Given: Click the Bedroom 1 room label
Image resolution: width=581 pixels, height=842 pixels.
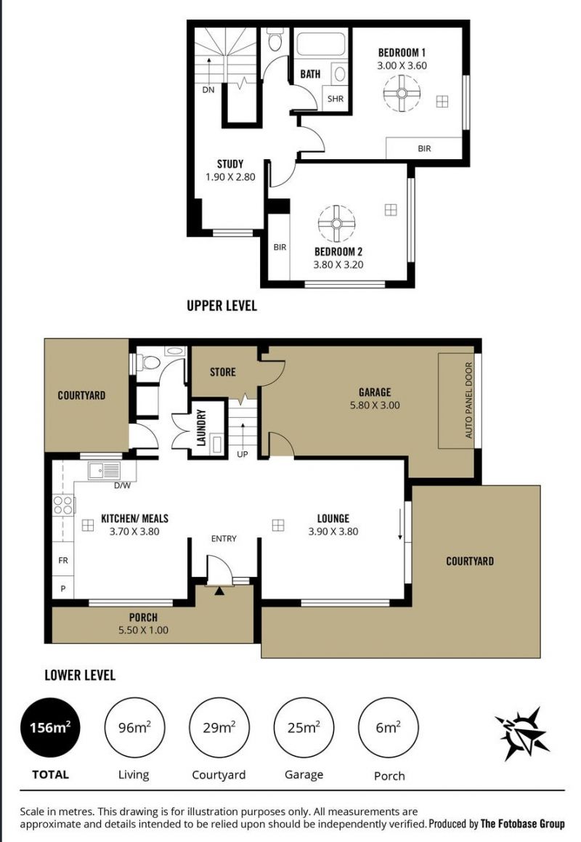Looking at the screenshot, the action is pyautogui.click(x=402, y=52).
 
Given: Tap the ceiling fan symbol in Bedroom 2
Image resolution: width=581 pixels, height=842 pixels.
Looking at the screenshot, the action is pyautogui.click(x=337, y=223).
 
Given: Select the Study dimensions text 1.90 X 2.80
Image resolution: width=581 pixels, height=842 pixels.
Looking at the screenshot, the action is pyautogui.click(x=230, y=177).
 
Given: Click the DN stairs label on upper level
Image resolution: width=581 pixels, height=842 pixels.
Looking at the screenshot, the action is pyautogui.click(x=208, y=89).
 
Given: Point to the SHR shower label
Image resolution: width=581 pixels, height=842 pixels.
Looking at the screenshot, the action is pyautogui.click(x=336, y=99).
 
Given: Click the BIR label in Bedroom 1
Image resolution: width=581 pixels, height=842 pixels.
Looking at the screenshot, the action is pyautogui.click(x=424, y=148).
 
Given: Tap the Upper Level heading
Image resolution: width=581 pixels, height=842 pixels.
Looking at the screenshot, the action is pyautogui.click(x=222, y=306).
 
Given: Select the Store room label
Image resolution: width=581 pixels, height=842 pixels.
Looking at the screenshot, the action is pyautogui.click(x=222, y=371).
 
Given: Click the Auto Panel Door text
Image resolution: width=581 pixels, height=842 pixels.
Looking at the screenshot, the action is pyautogui.click(x=468, y=400).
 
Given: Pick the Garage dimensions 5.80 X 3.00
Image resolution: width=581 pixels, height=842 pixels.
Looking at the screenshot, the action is pyautogui.click(x=375, y=405).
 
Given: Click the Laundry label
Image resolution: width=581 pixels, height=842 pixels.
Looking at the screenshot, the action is pyautogui.click(x=202, y=427).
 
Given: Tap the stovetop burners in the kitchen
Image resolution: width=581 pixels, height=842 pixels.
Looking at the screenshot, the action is pyautogui.click(x=63, y=506).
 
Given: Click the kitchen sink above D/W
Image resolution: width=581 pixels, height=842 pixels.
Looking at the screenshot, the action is pyautogui.click(x=104, y=471).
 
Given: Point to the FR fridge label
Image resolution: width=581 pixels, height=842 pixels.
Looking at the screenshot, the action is pyautogui.click(x=63, y=561).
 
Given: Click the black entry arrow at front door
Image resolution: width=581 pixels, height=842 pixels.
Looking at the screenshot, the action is pyautogui.click(x=219, y=591).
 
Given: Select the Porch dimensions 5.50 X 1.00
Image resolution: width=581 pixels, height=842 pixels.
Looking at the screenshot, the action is pyautogui.click(x=143, y=631).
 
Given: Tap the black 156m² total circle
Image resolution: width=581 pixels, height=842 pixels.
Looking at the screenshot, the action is pyautogui.click(x=51, y=728).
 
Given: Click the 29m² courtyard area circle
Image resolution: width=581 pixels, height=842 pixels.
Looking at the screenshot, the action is pyautogui.click(x=219, y=728).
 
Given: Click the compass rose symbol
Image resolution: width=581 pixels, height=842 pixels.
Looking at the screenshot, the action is pyautogui.click(x=522, y=734).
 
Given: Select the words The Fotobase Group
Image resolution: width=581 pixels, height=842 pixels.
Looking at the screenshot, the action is pyautogui.click(x=522, y=823).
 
